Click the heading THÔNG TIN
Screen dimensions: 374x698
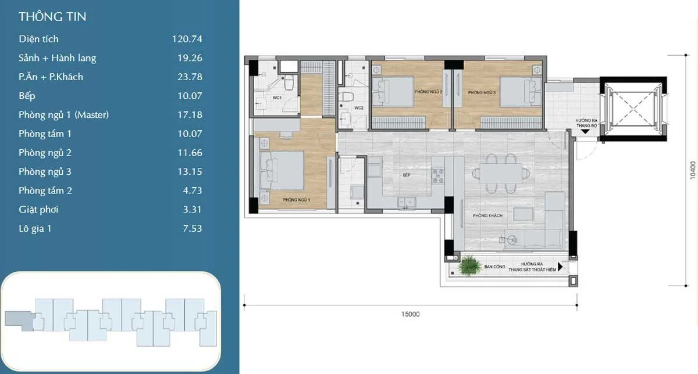pyautogui.click(x=52, y=17)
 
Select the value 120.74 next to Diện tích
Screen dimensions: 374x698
pyautogui.click(x=187, y=39)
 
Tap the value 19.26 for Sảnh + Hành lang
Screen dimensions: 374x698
pyautogui.click(x=190, y=58)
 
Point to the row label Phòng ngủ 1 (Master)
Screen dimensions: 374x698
pyautogui.click(x=63, y=115)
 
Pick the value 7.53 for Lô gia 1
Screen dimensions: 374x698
pyautogui.click(x=192, y=228)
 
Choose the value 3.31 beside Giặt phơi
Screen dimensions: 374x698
pyautogui.click(x=192, y=210)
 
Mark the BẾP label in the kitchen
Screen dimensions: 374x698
pyautogui.click(x=407, y=174)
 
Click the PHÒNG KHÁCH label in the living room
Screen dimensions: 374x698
pyautogui.click(x=487, y=215)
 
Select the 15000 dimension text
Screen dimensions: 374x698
pyautogui.click(x=410, y=314)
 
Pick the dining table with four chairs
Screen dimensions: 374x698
pyautogui.click(x=501, y=172)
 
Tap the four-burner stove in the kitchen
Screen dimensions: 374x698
pyautogui.click(x=437, y=174)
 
